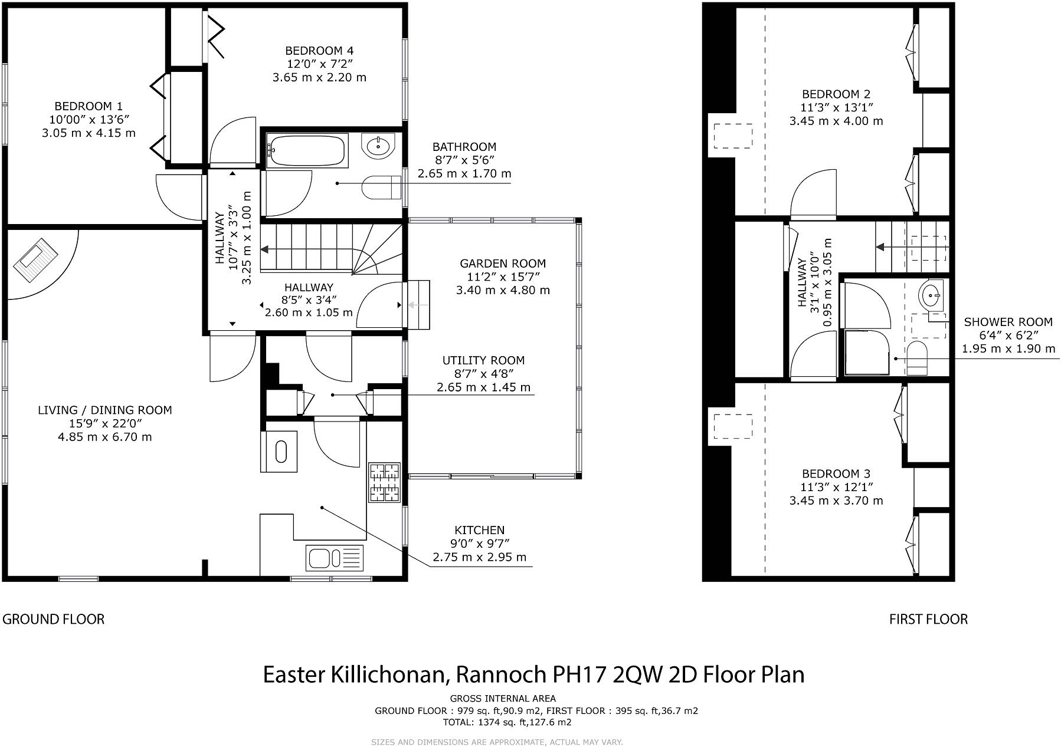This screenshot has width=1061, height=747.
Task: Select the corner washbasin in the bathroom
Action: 377,146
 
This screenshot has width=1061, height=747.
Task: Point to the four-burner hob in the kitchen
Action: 385,483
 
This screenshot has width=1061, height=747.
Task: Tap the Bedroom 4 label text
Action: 319,51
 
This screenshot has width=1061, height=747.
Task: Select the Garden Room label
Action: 503,264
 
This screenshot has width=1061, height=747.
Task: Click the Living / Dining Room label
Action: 105,410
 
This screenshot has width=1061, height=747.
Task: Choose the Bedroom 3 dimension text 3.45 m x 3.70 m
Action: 836,501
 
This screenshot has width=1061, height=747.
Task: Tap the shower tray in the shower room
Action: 867,352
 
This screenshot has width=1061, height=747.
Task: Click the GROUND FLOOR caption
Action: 54,619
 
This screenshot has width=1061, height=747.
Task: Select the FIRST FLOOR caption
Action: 928,619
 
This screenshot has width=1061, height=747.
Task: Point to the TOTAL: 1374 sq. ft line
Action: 507,722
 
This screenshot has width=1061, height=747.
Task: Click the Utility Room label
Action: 483,360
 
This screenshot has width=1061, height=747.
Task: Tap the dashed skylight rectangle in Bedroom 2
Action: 733,136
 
